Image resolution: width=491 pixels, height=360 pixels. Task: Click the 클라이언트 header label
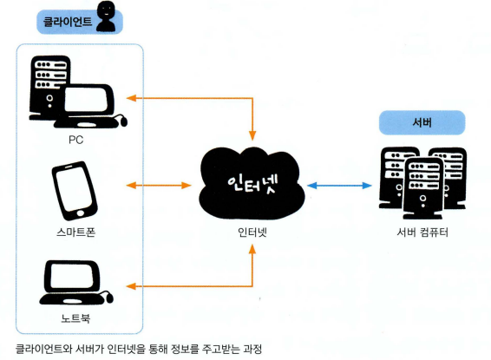click(68, 22)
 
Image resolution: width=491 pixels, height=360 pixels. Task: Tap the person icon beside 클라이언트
click(106, 16)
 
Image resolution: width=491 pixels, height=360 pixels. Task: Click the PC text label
click(76, 140)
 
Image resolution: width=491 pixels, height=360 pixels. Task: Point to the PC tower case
click(49, 87)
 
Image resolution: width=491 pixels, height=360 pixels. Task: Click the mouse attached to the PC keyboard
click(123, 121)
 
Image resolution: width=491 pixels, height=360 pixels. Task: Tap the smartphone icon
click(75, 191)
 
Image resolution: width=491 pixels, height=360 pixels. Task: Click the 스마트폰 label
click(76, 232)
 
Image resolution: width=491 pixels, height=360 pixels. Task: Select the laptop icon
click(76, 283)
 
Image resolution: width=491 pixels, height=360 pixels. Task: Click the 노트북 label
click(75, 318)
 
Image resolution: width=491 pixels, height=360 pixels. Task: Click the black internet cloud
click(252, 183)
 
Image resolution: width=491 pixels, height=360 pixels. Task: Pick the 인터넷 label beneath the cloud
click(252, 232)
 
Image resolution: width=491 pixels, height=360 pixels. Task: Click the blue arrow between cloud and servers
click(339, 186)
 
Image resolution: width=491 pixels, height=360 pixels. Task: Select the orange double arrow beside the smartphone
click(159, 186)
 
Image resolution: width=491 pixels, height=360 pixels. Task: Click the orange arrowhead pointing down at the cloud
click(252, 135)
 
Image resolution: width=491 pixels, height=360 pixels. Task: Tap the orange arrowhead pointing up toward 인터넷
click(252, 249)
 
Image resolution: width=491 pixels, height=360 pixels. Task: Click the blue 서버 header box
click(422, 122)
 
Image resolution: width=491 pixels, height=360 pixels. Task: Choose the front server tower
click(423, 188)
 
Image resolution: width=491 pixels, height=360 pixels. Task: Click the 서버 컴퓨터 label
click(422, 232)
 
